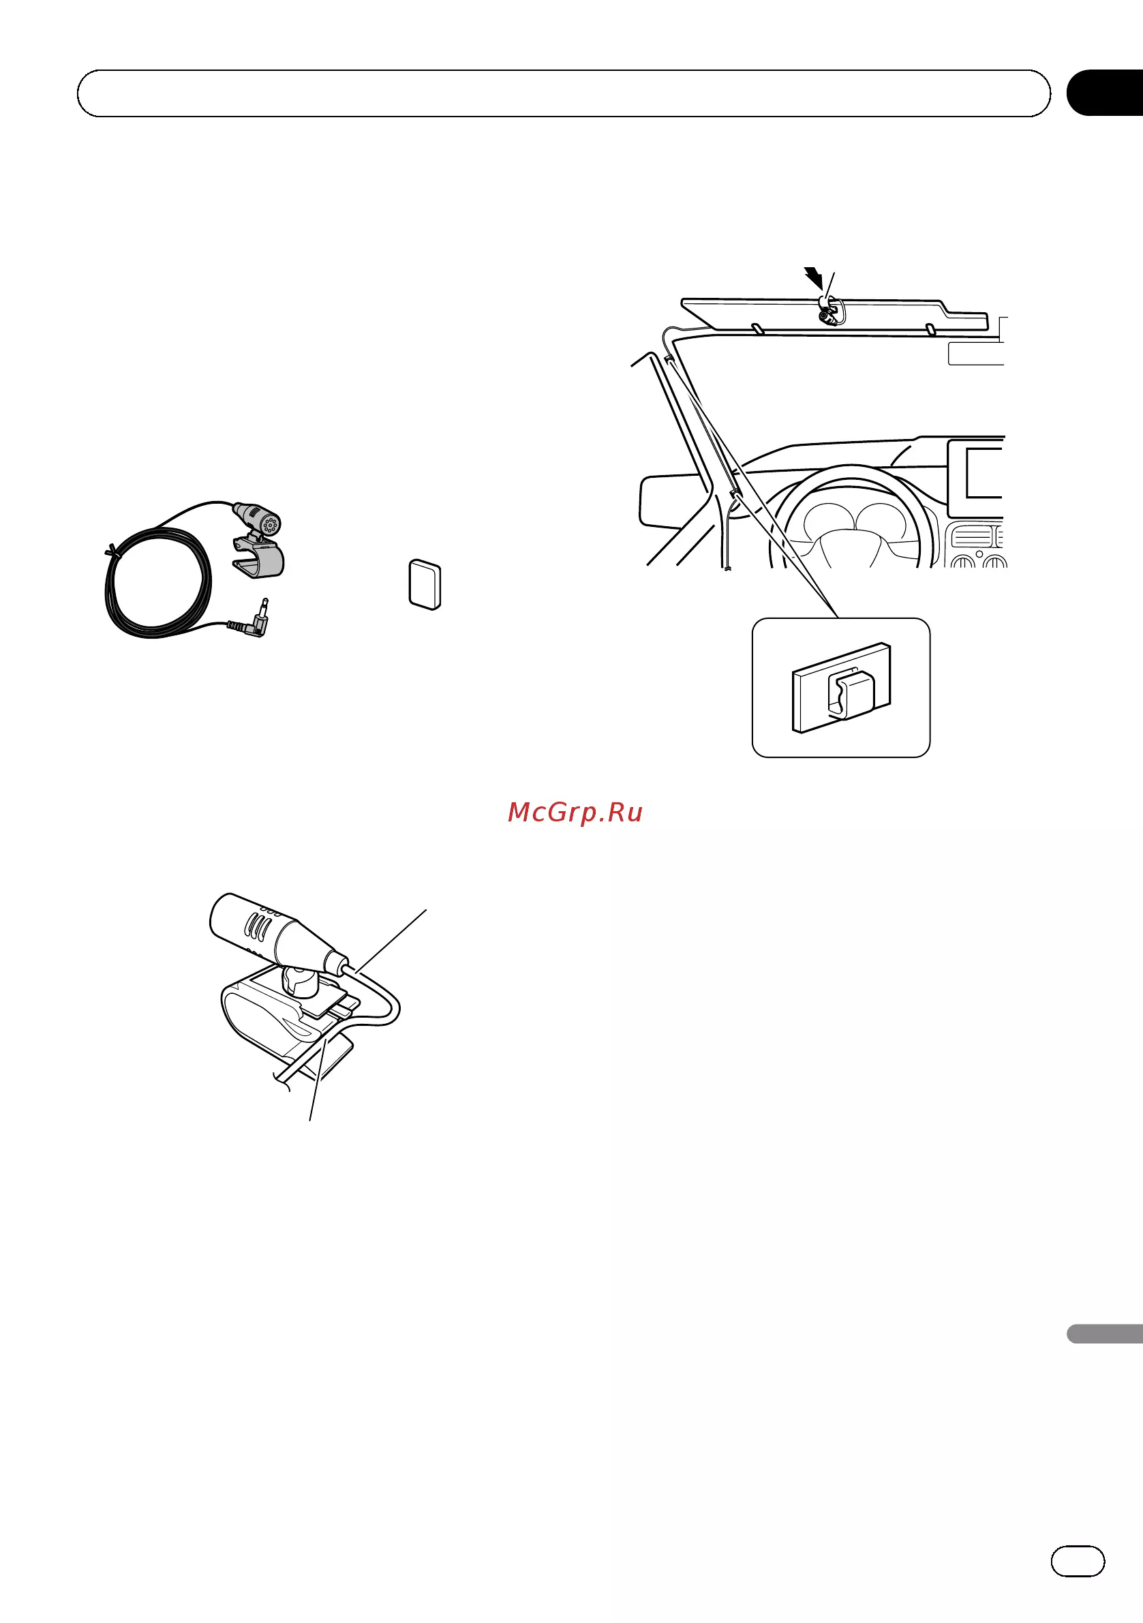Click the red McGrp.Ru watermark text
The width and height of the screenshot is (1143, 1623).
(x=575, y=813)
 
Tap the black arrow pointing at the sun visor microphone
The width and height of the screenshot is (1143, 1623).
(x=814, y=278)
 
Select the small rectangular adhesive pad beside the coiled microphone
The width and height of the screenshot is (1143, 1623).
(x=425, y=585)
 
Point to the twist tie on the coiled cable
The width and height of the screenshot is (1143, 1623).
(x=111, y=551)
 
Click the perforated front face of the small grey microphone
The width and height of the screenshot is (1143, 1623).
(x=270, y=524)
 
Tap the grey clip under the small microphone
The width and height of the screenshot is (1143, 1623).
(x=259, y=556)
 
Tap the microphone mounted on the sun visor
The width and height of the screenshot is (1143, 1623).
(x=830, y=312)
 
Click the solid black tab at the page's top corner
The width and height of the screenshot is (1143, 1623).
(x=1104, y=93)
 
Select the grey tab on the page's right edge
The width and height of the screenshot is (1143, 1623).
(x=1104, y=1333)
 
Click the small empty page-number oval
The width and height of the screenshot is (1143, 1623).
(x=1078, y=1562)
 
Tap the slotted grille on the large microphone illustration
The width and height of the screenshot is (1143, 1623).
(x=256, y=925)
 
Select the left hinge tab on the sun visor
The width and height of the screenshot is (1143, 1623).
(x=757, y=329)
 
